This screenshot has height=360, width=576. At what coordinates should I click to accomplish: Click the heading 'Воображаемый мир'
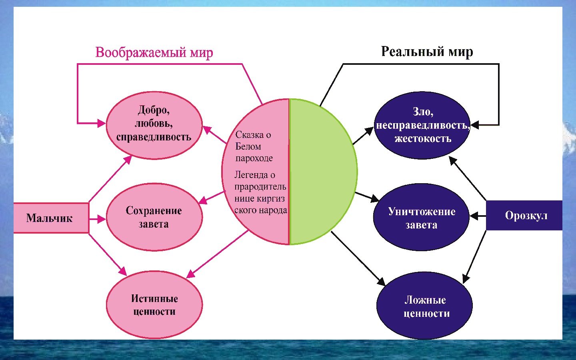(154, 52)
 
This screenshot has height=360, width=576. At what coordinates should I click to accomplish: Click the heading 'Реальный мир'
(427, 52)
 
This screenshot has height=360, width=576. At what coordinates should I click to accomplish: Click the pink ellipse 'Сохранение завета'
(154, 217)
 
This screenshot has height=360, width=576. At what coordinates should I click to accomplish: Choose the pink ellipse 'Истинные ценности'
(154, 305)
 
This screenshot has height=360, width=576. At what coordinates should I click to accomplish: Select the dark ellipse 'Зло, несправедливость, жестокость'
(422, 125)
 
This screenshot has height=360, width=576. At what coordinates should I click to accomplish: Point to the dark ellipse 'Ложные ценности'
(424, 306)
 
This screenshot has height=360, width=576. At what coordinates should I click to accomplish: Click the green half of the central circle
(322, 172)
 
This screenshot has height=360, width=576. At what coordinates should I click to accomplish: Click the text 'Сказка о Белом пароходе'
(254, 146)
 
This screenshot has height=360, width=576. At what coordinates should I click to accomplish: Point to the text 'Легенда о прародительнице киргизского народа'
(260, 192)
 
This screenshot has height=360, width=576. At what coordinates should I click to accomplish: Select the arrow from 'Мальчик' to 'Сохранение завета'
(97, 219)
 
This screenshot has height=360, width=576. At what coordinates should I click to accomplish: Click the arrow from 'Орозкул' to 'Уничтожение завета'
(478, 216)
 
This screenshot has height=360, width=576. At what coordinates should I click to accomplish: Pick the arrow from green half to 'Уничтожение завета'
(367, 196)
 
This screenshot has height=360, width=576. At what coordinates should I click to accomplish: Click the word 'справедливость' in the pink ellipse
(154, 137)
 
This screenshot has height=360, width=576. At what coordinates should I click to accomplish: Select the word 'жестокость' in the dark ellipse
(422, 139)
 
